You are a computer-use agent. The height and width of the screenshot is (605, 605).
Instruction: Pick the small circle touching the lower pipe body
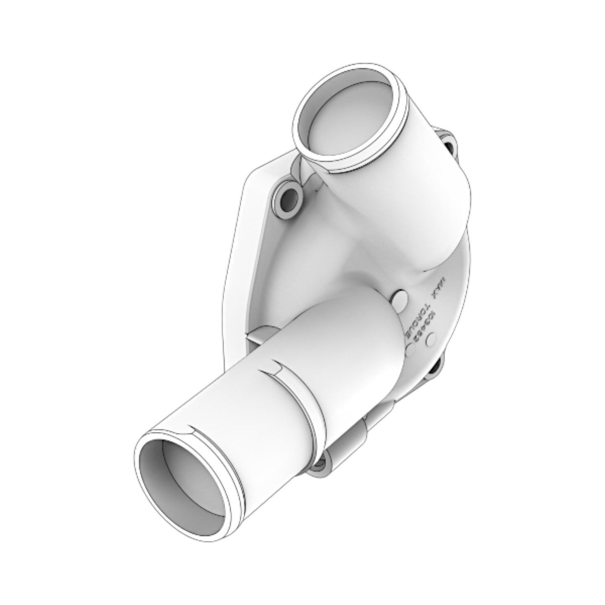pos(409,351)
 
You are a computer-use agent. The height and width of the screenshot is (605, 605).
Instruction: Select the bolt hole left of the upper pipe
pos(288,196)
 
